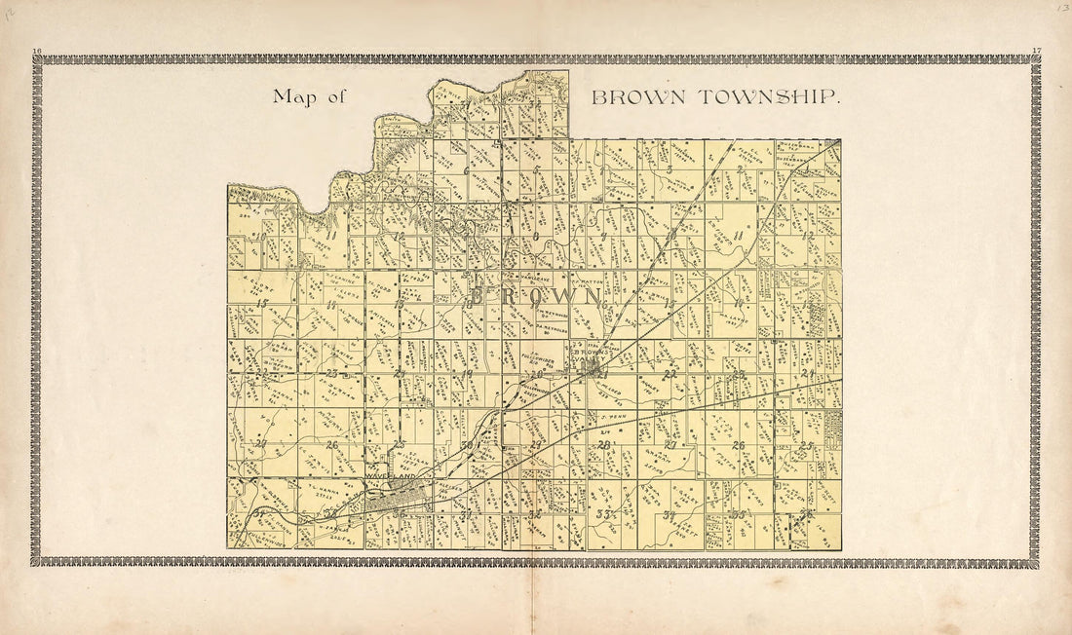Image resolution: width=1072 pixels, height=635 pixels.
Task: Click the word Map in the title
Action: (x=294, y=96)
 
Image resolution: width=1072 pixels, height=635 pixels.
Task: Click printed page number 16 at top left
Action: (x=37, y=50)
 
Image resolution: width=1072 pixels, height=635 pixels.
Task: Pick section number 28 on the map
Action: (x=604, y=445)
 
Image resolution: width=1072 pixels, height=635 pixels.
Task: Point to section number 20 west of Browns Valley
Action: (x=536, y=373)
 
